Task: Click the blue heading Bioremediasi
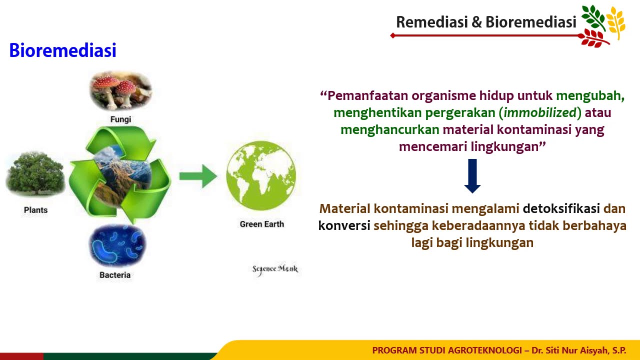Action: (x=62, y=50)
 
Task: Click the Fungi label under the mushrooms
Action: (x=121, y=119)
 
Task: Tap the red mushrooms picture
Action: (x=120, y=90)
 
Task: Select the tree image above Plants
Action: (x=35, y=175)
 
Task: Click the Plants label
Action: (x=35, y=210)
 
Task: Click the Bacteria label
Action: (x=115, y=275)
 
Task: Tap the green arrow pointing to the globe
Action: (x=198, y=176)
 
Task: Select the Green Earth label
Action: (x=261, y=224)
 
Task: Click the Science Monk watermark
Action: (x=275, y=269)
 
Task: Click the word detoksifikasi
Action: (x=561, y=208)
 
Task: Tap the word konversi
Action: (x=344, y=225)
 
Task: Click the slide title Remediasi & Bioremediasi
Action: (x=486, y=22)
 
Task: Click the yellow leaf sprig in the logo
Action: (x=616, y=22)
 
